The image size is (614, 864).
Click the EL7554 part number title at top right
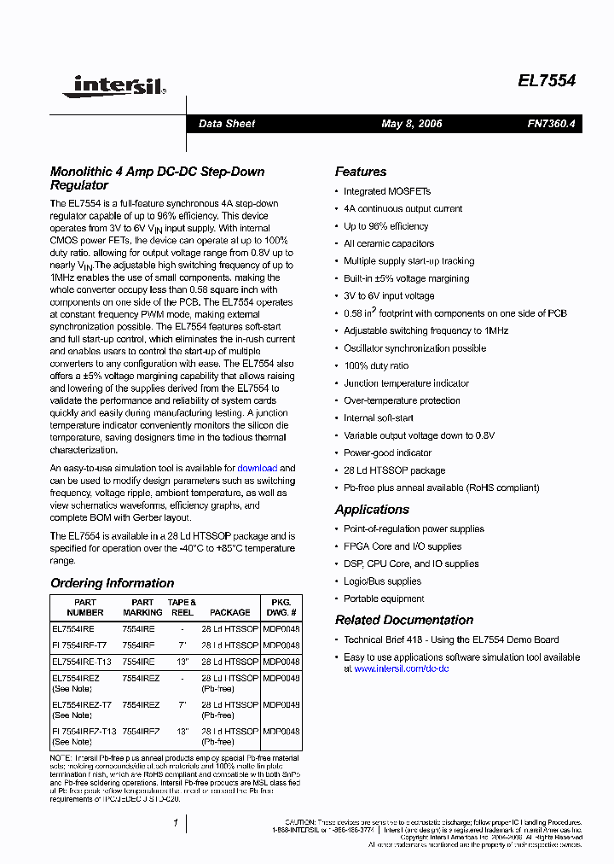coord(547,81)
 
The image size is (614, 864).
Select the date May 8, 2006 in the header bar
coord(412,124)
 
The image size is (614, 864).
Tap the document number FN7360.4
coord(551,124)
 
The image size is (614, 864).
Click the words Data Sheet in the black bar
coord(227,124)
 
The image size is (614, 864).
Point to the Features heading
coord(361,172)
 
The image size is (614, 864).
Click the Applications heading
coord(372,510)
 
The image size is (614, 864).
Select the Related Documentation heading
coord(404,620)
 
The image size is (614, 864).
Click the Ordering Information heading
coord(112,583)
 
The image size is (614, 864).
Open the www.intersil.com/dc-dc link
coord(401,668)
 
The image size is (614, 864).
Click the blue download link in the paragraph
coord(257,468)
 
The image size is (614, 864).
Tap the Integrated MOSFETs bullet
coord(387,191)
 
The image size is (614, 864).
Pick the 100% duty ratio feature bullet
coord(376,365)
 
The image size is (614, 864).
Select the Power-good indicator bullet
coord(387,452)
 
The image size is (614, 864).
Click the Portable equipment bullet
coord(384,598)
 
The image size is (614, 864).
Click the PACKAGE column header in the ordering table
coord(230,612)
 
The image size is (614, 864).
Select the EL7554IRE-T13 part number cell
coord(82,662)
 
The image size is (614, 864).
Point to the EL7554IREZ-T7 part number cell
coord(82,704)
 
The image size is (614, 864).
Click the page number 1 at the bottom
coord(175,823)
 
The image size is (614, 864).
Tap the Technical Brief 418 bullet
coord(451,639)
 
